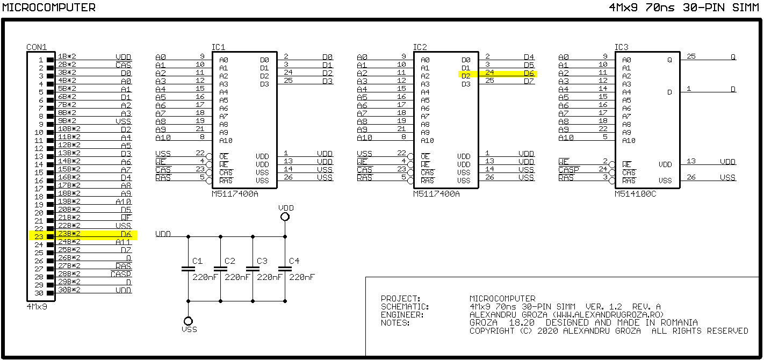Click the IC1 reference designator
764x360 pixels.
[218, 47]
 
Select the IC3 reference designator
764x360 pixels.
[621, 47]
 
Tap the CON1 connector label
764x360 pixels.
[37, 47]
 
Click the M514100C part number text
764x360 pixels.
[635, 194]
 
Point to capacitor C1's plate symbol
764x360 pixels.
[188, 269]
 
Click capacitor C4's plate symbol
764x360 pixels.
[285, 269]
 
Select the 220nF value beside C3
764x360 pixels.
[269, 277]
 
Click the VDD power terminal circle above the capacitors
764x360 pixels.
[285, 217]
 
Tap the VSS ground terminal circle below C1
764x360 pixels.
[188, 321]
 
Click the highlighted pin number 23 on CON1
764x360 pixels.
[39, 236]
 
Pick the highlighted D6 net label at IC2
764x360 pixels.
[529, 73]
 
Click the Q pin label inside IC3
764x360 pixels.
[669, 60]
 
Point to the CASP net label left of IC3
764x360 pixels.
[568, 170]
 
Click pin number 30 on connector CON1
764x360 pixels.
[39, 293]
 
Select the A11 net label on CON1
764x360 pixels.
[123, 242]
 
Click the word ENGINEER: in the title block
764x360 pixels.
[402, 315]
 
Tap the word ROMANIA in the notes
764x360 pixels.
[679, 322]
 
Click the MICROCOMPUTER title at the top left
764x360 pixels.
[49, 8]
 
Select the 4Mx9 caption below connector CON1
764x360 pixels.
[37, 306]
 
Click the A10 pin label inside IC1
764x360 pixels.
[226, 141]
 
